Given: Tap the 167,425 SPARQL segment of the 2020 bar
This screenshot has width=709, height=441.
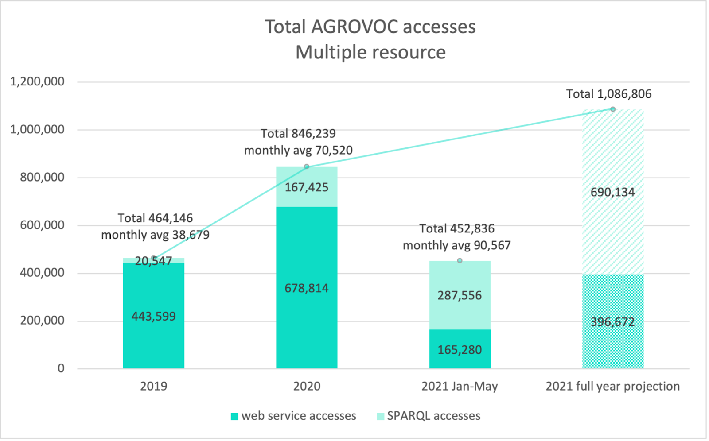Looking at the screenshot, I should pyautogui.click(x=307, y=187).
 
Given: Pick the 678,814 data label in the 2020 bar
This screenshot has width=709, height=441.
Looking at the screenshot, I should pyautogui.click(x=307, y=288).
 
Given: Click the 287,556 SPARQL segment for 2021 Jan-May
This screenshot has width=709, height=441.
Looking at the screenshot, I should pyautogui.click(x=460, y=295).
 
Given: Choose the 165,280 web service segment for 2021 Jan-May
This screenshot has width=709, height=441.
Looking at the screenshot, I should pyautogui.click(x=460, y=350).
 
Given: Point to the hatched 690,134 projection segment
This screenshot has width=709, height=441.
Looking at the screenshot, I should pyautogui.click(x=612, y=192).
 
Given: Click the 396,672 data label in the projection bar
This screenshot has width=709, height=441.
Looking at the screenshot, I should pyautogui.click(x=612, y=322).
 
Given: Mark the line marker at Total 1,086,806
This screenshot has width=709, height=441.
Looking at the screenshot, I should pyautogui.click(x=613, y=109).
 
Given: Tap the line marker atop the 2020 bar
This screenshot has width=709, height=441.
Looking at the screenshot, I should pyautogui.click(x=307, y=166).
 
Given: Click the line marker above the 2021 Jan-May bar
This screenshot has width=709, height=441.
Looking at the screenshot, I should pyautogui.click(x=460, y=261).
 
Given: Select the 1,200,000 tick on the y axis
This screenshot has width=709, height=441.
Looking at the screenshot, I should pyautogui.click(x=37, y=82).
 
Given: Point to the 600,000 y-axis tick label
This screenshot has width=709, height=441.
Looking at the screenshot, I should pyautogui.click(x=42, y=225).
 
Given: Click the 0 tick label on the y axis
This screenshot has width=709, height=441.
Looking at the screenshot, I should pyautogui.click(x=61, y=368).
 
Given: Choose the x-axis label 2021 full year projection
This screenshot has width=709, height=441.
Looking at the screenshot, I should pyautogui.click(x=612, y=386).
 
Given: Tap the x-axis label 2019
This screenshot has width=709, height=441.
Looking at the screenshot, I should pyautogui.click(x=153, y=386).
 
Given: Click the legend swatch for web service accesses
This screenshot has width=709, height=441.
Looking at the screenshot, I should pyautogui.click(x=234, y=416).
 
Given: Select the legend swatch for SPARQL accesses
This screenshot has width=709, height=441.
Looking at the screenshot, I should pyautogui.click(x=380, y=416).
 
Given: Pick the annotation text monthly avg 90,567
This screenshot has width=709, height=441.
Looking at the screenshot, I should pyautogui.click(x=456, y=245).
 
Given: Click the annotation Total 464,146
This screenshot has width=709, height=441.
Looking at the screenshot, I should pyautogui.click(x=155, y=218).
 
